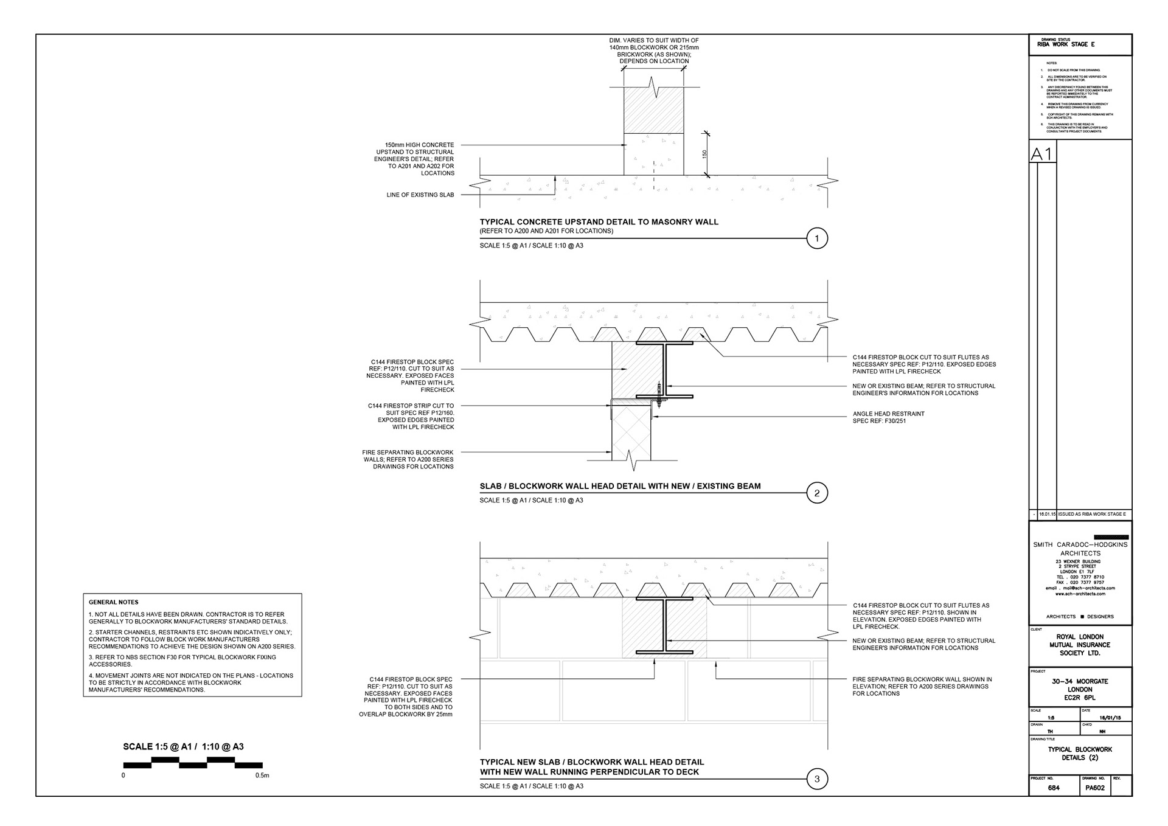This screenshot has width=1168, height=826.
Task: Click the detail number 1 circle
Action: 816,238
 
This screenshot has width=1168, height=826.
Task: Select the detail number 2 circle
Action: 816,493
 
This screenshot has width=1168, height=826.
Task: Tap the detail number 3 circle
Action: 816,779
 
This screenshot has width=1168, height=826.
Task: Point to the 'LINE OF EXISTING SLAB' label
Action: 420,195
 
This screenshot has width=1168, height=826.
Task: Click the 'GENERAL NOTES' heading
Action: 114,602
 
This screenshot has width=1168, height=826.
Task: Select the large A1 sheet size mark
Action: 1042,154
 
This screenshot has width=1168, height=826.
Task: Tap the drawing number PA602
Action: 1095,788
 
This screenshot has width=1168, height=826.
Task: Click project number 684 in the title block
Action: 1054,788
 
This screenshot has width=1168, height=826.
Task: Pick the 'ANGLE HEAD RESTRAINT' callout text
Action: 888,414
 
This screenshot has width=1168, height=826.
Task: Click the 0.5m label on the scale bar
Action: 262,776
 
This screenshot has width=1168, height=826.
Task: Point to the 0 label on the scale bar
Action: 123,776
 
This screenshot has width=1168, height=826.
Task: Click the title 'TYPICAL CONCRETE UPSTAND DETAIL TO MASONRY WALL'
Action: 599,222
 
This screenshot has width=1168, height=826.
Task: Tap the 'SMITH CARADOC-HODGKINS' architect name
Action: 1080,545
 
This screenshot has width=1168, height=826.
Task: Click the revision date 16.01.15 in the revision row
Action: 1047,514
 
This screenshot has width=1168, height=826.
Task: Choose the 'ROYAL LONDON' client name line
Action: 1080,637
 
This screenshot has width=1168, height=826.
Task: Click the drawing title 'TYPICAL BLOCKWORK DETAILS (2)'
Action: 1080,754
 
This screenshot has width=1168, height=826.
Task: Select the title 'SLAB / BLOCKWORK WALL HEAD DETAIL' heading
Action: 620,486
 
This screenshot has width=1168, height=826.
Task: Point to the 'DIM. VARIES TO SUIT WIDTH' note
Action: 654,40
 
